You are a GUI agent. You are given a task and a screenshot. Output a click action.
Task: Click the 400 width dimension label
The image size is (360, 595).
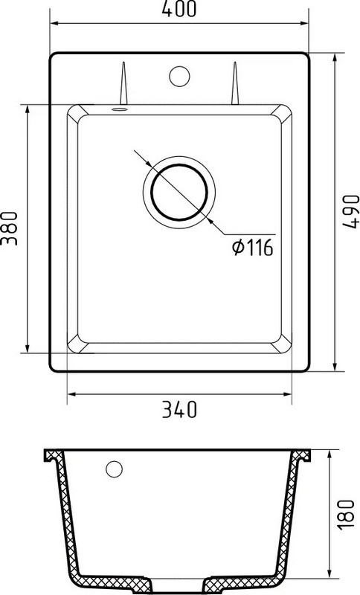pos(179,10)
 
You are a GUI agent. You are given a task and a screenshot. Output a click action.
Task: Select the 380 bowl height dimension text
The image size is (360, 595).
pos(10,230)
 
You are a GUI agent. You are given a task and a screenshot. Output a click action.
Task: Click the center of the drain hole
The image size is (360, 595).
pos(179,190)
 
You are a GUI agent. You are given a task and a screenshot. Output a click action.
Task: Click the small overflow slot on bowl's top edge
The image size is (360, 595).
pos(118,109)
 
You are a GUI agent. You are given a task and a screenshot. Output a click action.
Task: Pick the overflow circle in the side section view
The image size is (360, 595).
pos(114,469)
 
